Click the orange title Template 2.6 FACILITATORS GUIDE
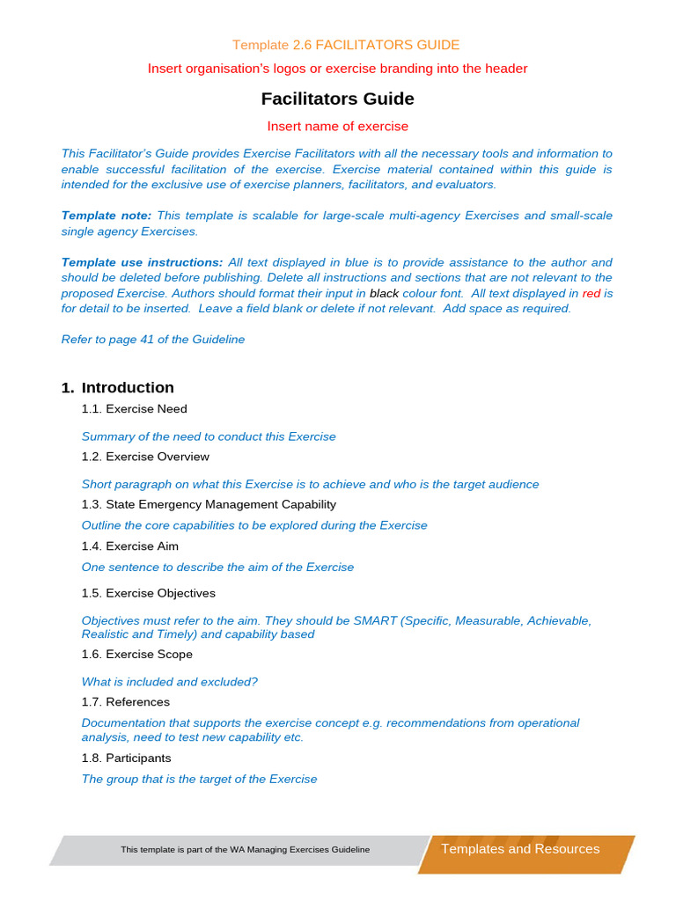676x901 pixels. (x=345, y=45)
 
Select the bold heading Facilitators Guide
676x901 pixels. (x=337, y=99)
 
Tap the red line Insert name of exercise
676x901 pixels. (x=337, y=127)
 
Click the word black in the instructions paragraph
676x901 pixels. (x=384, y=294)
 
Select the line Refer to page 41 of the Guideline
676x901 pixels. (x=152, y=340)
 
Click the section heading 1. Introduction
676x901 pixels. (x=118, y=388)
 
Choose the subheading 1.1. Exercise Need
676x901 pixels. (x=134, y=409)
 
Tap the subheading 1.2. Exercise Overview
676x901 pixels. (x=145, y=457)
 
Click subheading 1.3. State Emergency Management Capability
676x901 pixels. (x=209, y=504)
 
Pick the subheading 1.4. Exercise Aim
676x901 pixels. (x=129, y=546)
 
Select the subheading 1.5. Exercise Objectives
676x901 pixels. (x=148, y=593)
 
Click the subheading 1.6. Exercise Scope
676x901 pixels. (x=136, y=655)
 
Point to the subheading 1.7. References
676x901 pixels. (x=125, y=702)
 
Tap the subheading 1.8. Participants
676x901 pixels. (x=126, y=758)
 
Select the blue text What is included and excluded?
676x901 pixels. (x=169, y=682)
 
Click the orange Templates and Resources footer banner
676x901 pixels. (x=520, y=849)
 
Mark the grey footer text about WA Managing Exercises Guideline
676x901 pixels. (x=245, y=850)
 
